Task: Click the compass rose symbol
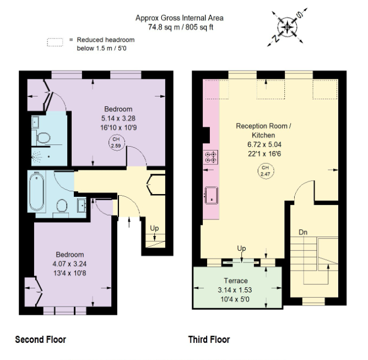click(287, 27)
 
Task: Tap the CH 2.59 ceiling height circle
click(116, 143)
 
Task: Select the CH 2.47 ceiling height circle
click(266, 171)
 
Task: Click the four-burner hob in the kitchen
click(210, 157)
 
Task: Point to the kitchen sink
click(211, 195)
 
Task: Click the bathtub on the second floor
click(36, 191)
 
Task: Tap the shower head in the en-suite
click(37, 157)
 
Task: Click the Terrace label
click(236, 281)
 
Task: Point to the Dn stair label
click(303, 232)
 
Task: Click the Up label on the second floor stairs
click(154, 228)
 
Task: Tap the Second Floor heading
click(41, 340)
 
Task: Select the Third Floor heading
click(209, 340)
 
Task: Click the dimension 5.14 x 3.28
click(118, 119)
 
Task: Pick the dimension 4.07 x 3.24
click(69, 264)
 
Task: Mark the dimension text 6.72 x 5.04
click(264, 144)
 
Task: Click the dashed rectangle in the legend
click(55, 42)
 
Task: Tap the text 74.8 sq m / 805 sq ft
click(181, 27)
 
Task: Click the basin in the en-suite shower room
click(35, 122)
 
